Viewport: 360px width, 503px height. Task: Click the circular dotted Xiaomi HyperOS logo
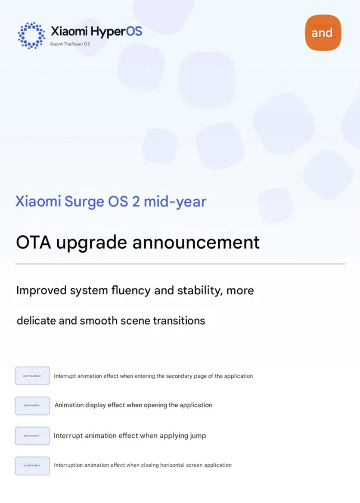31,35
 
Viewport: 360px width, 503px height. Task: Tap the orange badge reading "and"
323,33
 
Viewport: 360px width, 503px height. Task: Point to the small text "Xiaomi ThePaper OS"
70,44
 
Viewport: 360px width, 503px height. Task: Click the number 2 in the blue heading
136,201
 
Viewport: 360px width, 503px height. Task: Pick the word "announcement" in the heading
196,242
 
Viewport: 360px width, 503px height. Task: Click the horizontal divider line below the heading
180,264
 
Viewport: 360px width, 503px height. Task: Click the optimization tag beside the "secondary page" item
32,376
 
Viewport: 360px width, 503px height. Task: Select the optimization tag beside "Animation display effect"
32,406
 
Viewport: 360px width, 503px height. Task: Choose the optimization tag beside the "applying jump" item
32,436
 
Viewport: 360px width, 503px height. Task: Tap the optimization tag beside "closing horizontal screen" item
32,466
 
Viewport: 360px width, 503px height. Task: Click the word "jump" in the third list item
198,436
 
